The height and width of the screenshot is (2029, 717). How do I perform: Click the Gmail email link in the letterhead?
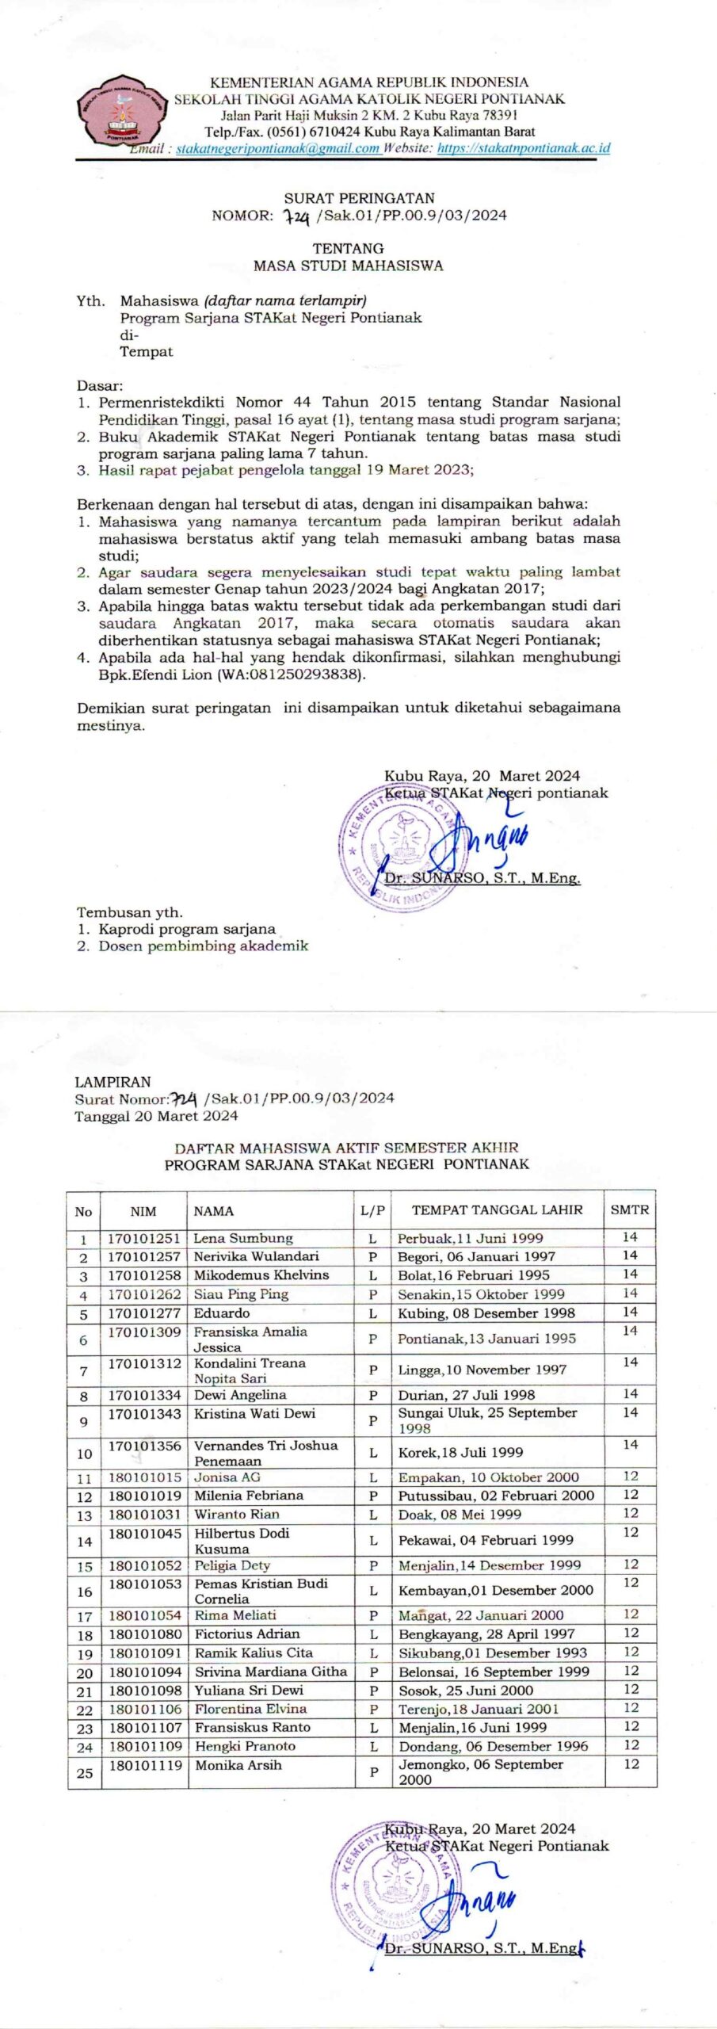277,148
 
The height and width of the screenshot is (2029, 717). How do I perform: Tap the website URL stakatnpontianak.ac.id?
524,148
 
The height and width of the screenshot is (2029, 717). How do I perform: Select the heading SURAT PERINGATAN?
359,198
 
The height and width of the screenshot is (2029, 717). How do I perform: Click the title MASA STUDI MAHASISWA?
348,266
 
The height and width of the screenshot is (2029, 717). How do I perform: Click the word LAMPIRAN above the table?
113,1081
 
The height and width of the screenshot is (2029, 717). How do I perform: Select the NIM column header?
143,1211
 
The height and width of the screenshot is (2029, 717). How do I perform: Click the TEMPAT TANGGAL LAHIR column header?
497,1210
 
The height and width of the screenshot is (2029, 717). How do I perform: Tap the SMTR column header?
629,1210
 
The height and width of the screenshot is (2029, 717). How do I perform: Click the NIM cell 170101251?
144,1238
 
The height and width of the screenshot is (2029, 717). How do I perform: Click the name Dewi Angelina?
240,1395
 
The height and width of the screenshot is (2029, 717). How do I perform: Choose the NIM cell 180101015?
144,1478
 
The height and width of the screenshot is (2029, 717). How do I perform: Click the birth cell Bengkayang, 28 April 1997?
486,1634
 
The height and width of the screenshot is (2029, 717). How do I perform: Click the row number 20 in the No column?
84,1673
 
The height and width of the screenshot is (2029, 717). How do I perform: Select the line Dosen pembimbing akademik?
203,946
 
